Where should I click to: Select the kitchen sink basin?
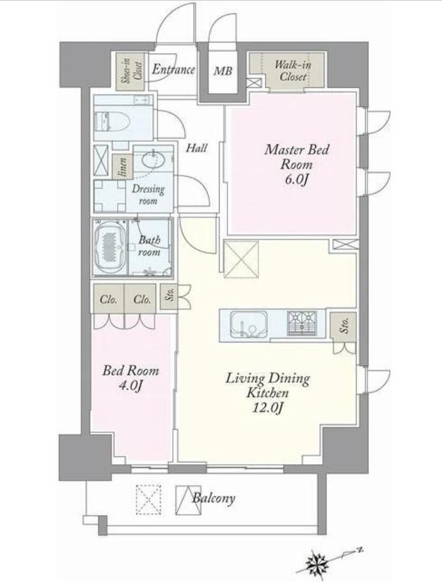248,324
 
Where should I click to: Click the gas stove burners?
302,323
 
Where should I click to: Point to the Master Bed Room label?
296,156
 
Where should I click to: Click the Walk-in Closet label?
292,70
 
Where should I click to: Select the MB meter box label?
223,70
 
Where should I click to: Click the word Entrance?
174,70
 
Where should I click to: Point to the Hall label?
196,148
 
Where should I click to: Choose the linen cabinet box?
122,167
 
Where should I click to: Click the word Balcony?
214,498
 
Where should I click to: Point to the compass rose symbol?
317,561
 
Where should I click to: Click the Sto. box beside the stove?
343,327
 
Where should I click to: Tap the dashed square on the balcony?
149,499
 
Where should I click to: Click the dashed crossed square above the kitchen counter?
241,258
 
